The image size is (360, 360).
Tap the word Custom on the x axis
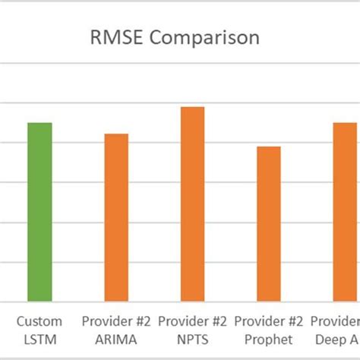(39, 321)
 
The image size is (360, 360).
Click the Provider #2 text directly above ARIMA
(116, 321)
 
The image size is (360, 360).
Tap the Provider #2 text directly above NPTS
(192, 321)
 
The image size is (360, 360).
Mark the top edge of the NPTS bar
(192, 107)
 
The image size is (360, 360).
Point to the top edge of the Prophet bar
(268, 147)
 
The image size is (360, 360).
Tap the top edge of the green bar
(39, 123)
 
